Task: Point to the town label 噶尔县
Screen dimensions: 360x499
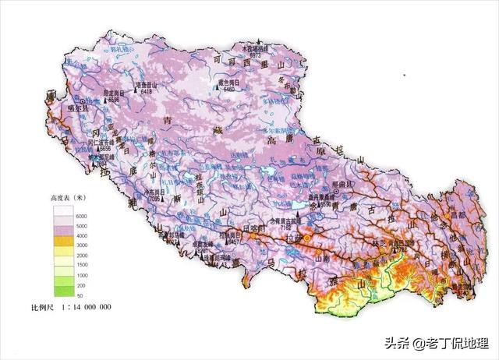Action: (80, 109)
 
